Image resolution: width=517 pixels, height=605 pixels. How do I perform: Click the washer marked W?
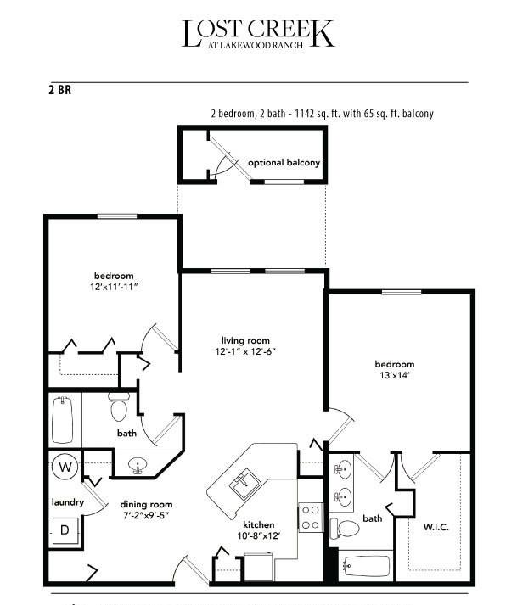65,467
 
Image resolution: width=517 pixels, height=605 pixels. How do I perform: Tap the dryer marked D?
65,530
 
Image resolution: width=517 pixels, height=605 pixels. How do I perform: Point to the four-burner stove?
311,518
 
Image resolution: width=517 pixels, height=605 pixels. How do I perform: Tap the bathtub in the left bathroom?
63,420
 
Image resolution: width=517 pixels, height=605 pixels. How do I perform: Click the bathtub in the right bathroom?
366,566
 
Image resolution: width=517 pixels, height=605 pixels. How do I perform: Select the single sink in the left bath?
137,464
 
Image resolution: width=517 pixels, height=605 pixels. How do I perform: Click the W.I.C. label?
436,527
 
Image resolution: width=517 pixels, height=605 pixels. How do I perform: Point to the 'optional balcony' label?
284,162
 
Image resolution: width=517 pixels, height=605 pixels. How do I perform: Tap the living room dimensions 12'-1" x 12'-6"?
245,351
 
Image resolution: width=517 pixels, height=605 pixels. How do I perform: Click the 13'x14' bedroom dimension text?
394,375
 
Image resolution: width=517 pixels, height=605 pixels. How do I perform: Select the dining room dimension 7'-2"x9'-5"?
146,515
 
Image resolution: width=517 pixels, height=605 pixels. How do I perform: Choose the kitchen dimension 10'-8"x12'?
258,535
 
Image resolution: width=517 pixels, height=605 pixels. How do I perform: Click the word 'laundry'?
68,502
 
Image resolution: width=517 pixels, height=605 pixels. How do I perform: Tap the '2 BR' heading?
59,90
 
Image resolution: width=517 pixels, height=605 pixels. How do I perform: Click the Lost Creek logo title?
258,34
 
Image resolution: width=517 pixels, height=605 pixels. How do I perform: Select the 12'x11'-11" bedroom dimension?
114,287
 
